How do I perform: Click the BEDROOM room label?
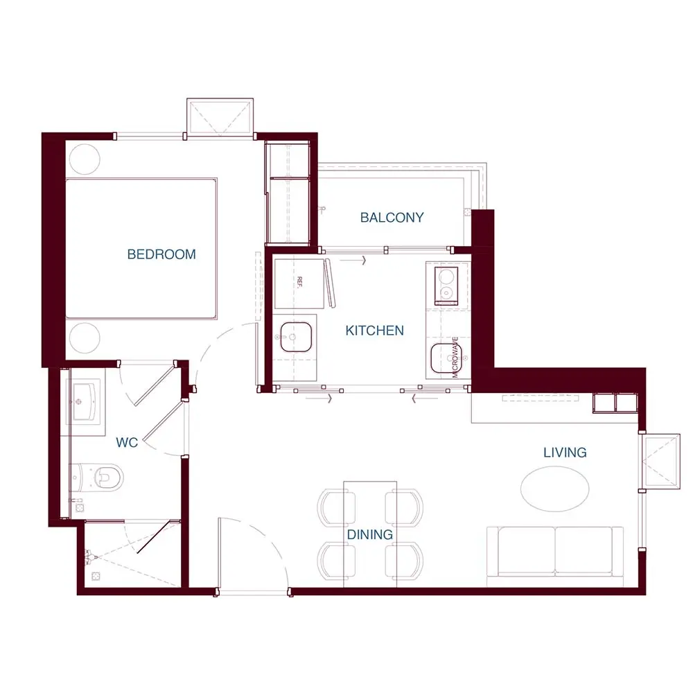tap(161, 254)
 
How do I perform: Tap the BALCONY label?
tap(392, 218)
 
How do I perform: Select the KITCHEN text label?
tap(374, 331)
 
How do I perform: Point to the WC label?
tap(127, 442)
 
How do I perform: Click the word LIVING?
tap(565, 453)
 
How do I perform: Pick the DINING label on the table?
tap(370, 535)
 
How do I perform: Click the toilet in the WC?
tap(97, 477)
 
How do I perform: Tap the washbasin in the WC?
tap(84, 401)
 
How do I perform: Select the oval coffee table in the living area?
tap(554, 489)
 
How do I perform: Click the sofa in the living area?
tap(555, 552)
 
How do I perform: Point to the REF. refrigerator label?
tap(299, 282)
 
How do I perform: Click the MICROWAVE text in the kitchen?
tap(455, 357)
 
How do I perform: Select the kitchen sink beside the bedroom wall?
tap(296, 337)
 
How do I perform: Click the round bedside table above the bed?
tap(85, 159)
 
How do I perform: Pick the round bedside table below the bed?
tap(85, 337)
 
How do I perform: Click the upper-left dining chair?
tap(336, 507)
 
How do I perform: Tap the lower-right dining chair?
tap(404, 561)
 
